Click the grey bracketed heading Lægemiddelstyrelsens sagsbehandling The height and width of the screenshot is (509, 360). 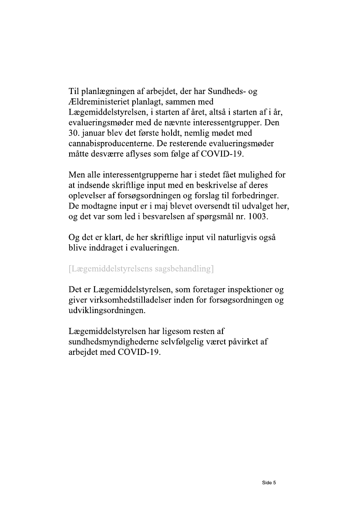coord(141,269)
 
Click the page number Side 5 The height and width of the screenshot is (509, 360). coord(269,482)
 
